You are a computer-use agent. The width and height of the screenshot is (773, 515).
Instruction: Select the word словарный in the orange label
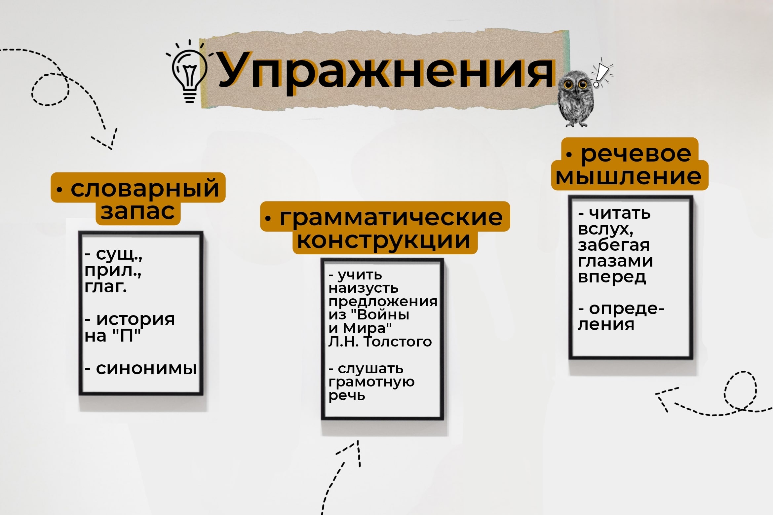145,189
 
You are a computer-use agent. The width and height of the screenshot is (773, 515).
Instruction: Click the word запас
138,211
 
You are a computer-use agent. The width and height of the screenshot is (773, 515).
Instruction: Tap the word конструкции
383,240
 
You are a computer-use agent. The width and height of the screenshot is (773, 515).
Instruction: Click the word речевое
636,154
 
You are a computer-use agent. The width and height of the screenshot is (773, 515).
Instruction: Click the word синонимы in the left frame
146,369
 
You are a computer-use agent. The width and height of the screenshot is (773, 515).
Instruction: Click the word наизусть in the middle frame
364,288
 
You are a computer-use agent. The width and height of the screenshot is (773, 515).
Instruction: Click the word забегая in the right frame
614,245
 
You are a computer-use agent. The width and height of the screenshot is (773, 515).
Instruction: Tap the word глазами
615,261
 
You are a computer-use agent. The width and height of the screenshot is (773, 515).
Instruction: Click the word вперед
612,277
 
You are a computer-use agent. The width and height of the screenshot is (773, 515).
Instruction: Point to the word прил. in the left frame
113,271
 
